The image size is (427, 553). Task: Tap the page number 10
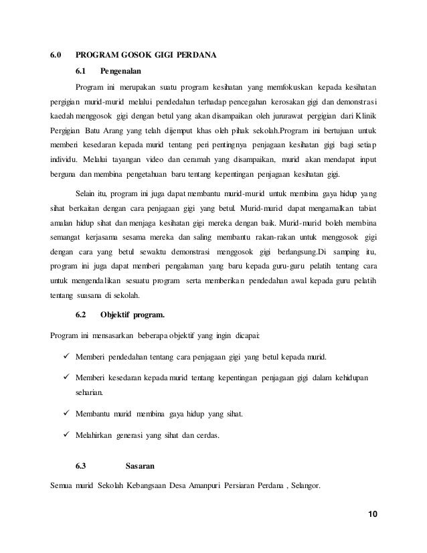coord(373,513)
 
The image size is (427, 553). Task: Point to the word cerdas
coord(217,437)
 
